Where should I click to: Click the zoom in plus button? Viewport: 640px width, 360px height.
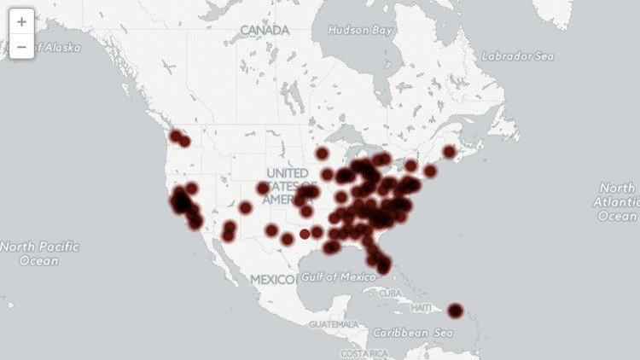coord(21,21)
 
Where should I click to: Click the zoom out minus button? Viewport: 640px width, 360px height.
coord(21,46)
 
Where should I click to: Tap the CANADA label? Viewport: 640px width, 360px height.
coord(265,31)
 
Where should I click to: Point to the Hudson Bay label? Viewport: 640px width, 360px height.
coord(363,30)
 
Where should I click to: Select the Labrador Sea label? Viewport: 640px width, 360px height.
coord(517,56)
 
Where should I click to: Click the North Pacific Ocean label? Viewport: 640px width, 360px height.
coord(39,253)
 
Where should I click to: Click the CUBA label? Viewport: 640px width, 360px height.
coord(389,293)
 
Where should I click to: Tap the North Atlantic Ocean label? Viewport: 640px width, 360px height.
coord(619,202)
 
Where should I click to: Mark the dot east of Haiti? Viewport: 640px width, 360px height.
coord(456,311)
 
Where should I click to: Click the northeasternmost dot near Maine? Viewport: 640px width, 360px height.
coord(450,152)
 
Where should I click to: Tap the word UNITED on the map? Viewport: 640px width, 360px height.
coord(286,173)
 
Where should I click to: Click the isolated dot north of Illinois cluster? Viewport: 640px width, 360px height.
coord(322,154)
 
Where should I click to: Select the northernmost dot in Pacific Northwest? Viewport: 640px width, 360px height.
coord(176,135)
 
